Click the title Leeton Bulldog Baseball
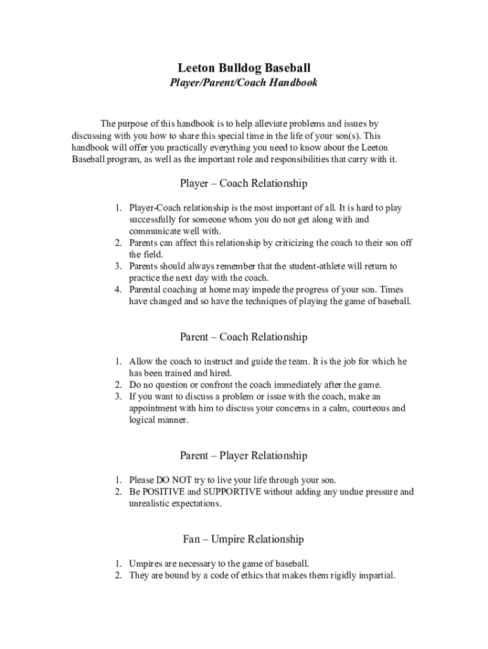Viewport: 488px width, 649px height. pyautogui.click(x=244, y=68)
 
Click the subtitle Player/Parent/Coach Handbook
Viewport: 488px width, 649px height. pyautogui.click(x=244, y=82)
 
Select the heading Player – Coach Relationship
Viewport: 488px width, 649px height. pyautogui.click(x=244, y=184)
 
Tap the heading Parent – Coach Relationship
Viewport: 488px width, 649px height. pyautogui.click(x=244, y=337)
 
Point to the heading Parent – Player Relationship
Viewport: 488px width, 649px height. pyautogui.click(x=244, y=456)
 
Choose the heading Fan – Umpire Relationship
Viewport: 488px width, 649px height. pyautogui.click(x=244, y=539)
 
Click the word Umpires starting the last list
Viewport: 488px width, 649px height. pyautogui.click(x=146, y=563)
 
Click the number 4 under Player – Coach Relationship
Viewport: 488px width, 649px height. pyautogui.click(x=118, y=290)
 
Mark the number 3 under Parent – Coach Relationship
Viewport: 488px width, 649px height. pyautogui.click(x=118, y=397)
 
